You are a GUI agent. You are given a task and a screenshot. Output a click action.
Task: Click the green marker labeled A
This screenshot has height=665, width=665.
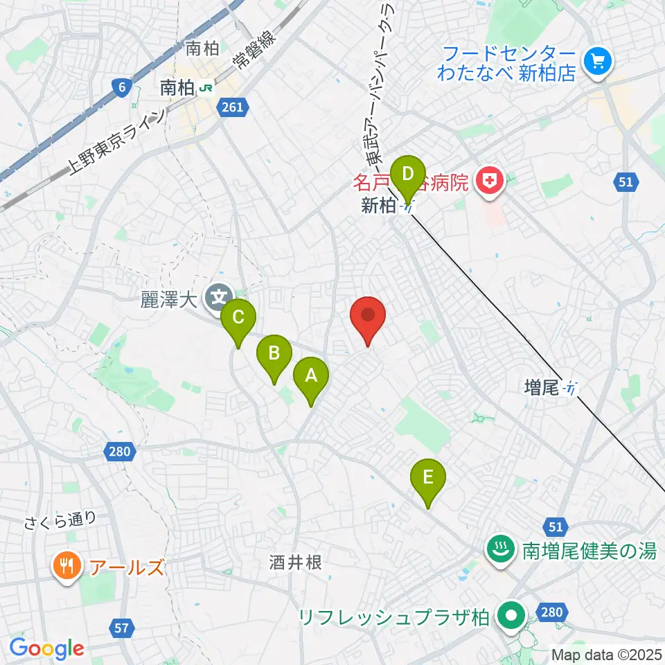[x=311, y=378]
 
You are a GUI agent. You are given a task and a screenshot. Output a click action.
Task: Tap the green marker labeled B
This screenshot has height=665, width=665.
[x=274, y=355]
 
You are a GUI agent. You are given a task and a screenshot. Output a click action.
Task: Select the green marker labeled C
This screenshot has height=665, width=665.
[x=238, y=319]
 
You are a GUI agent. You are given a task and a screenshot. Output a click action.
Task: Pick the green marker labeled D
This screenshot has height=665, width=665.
[x=408, y=173]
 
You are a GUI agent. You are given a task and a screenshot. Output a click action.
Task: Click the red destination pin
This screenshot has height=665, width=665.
[x=368, y=317]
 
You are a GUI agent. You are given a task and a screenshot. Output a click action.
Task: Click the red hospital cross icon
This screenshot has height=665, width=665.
[x=490, y=181]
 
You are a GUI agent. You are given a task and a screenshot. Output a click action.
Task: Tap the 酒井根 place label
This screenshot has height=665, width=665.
[x=295, y=562]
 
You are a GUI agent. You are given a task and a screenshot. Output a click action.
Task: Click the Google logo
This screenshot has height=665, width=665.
[x=46, y=649]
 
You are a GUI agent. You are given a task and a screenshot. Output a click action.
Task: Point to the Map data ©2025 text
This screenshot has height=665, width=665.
[x=605, y=654]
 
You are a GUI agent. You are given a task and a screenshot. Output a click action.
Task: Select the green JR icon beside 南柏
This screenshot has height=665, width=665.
[x=206, y=88]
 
